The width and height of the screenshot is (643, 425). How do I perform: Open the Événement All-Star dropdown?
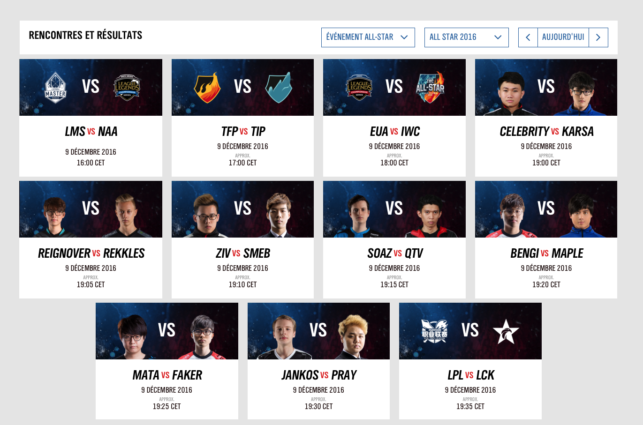click(368, 37)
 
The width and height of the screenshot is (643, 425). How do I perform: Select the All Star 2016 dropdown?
click(467, 37)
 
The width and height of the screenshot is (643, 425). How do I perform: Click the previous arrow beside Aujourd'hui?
click(528, 37)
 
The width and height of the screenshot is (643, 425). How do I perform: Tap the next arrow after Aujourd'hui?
click(598, 37)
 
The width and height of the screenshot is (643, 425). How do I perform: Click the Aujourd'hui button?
click(563, 37)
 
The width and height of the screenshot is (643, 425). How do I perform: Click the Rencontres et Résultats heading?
click(85, 35)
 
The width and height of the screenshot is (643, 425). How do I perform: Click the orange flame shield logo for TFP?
click(207, 88)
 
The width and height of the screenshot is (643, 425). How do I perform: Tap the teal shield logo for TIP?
click(279, 88)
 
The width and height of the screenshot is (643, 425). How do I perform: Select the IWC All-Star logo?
click(430, 87)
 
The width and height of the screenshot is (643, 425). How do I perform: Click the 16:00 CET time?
click(91, 163)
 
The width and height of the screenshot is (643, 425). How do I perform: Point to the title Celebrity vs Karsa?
click(546, 131)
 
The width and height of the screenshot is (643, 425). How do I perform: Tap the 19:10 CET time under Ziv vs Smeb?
click(242, 284)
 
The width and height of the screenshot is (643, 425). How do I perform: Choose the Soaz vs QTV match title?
click(395, 253)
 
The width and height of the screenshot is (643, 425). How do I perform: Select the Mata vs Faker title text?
click(167, 375)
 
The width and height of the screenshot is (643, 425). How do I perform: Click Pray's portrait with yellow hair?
click(353, 337)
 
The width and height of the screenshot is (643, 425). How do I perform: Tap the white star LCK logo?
click(506, 332)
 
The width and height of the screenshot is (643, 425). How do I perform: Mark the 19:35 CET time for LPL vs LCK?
click(470, 406)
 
